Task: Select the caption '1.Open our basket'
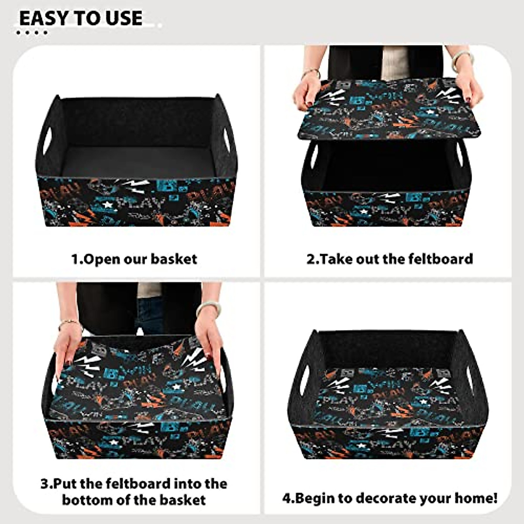tap(134, 259)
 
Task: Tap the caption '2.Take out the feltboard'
tap(390, 259)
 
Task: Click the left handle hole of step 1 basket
tap(47, 141)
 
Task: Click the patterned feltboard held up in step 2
tap(389, 109)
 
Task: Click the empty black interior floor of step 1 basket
tap(135, 162)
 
